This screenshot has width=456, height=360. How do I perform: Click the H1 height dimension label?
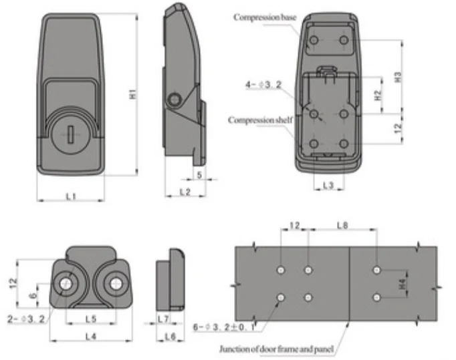[x=132, y=94]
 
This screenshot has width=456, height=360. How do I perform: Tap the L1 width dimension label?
[x=71, y=197]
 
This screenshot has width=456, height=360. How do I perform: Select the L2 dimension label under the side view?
[x=185, y=192]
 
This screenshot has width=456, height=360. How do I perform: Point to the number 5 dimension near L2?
[x=199, y=175]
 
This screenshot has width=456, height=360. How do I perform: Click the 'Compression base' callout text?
[x=265, y=17]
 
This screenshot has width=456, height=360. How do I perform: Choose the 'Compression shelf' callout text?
[x=260, y=120]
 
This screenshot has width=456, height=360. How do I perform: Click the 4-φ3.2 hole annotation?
[x=263, y=85]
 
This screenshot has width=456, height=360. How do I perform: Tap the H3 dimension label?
[x=398, y=77]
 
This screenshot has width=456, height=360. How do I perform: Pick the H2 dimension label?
[x=378, y=96]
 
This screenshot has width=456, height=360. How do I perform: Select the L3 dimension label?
[x=328, y=185]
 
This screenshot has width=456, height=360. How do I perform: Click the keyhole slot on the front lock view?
[x=70, y=134]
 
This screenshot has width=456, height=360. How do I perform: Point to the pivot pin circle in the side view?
[x=175, y=100]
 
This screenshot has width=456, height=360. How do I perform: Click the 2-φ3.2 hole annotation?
[x=26, y=319]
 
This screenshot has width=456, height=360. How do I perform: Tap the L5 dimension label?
[x=91, y=319]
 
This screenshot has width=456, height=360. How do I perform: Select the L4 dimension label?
[x=91, y=337]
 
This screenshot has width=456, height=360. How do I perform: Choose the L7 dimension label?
[x=163, y=319]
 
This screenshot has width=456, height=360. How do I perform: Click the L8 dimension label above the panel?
[x=342, y=225]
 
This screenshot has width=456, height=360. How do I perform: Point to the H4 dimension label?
[x=403, y=284]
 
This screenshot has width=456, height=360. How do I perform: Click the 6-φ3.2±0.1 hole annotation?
[x=224, y=327]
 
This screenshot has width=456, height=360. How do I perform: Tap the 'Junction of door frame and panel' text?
[x=276, y=349]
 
